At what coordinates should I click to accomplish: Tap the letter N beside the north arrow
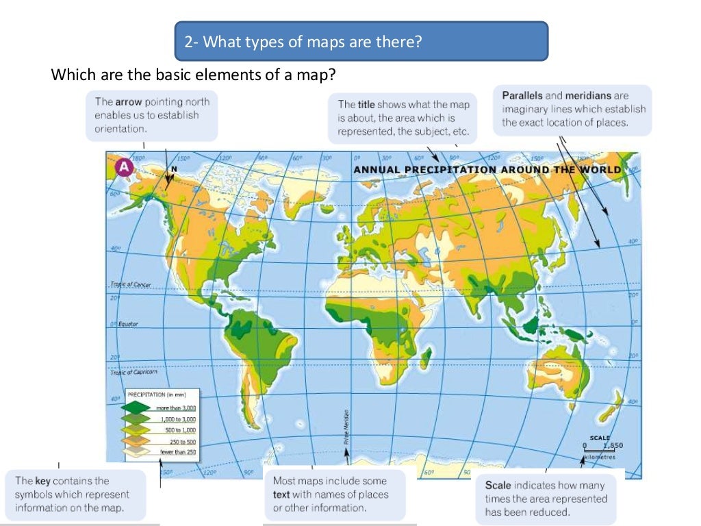pyautogui.click(x=174, y=168)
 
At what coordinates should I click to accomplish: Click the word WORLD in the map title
pyautogui.click(x=601, y=169)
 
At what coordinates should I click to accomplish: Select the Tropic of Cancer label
pyautogui.click(x=130, y=284)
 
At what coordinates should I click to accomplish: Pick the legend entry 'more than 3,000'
pyautogui.click(x=177, y=408)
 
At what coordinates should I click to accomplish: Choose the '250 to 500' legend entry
pyautogui.click(x=181, y=441)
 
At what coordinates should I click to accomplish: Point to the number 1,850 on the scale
pyautogui.click(x=611, y=445)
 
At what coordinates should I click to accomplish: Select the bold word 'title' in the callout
pyautogui.click(x=366, y=105)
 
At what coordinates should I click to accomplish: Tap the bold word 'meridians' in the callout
pyautogui.click(x=588, y=96)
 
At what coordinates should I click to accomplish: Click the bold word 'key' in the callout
pyautogui.click(x=42, y=481)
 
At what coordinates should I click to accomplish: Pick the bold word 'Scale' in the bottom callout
pyautogui.click(x=498, y=486)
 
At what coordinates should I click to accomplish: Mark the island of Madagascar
pyautogui.click(x=425, y=356)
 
